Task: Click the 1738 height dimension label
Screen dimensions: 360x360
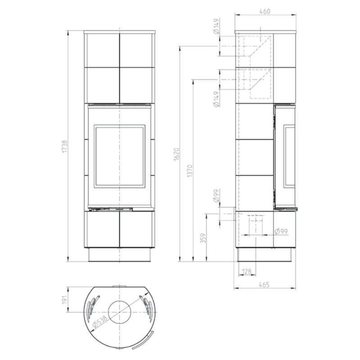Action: coord(65,147)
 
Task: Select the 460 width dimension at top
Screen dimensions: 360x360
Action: coord(265,11)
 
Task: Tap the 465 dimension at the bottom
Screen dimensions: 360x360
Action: coord(264,285)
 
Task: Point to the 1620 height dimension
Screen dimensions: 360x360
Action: coord(176,154)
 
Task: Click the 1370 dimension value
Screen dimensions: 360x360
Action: coord(189,171)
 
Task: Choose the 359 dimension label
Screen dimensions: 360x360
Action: coord(203,238)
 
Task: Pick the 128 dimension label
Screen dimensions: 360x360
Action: coord(247,272)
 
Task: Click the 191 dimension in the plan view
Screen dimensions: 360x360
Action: coord(65,300)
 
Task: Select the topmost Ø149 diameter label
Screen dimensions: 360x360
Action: coord(216,27)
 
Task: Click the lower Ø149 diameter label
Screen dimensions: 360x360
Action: coord(216,99)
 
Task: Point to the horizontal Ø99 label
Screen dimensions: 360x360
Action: coord(281,231)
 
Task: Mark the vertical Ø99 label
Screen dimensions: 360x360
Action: coord(216,196)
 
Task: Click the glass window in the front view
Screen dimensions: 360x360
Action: coord(120,156)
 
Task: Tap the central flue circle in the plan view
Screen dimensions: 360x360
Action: coord(120,312)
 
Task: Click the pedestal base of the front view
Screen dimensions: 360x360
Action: coord(120,255)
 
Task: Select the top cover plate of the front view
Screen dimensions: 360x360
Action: coord(120,32)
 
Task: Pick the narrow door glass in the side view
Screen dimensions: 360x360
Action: coord(289,156)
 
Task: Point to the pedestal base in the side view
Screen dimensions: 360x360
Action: coord(265,255)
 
